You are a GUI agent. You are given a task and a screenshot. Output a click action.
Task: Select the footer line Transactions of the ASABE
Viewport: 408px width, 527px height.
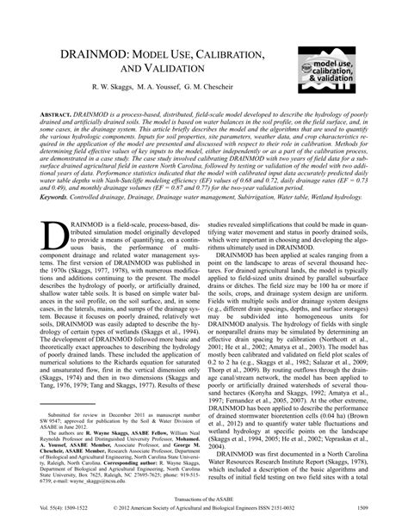[x=204, y=507]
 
